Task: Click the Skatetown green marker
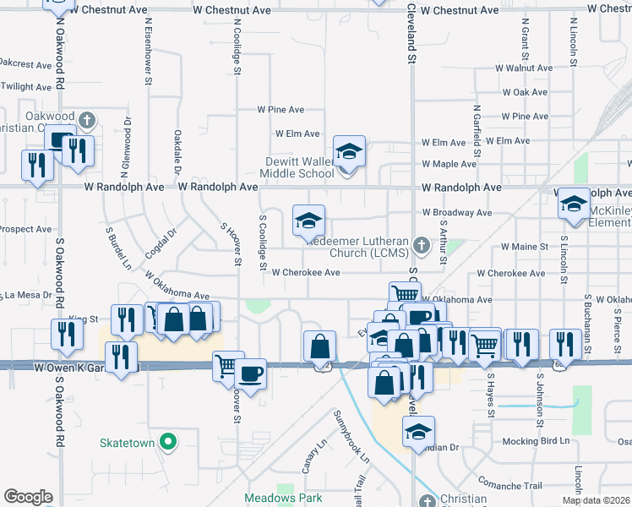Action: click(x=168, y=441)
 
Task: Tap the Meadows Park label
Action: click(x=283, y=498)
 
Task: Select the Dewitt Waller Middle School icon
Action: click(x=349, y=151)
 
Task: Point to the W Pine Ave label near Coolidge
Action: click(x=281, y=110)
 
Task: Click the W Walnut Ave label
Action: click(x=523, y=67)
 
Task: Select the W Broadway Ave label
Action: click(x=456, y=213)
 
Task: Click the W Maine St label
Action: click(x=526, y=247)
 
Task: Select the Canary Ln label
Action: click(x=308, y=456)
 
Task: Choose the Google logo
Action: click(x=28, y=497)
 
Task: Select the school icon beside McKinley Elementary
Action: click(x=574, y=204)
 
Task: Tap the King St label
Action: click(x=84, y=319)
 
